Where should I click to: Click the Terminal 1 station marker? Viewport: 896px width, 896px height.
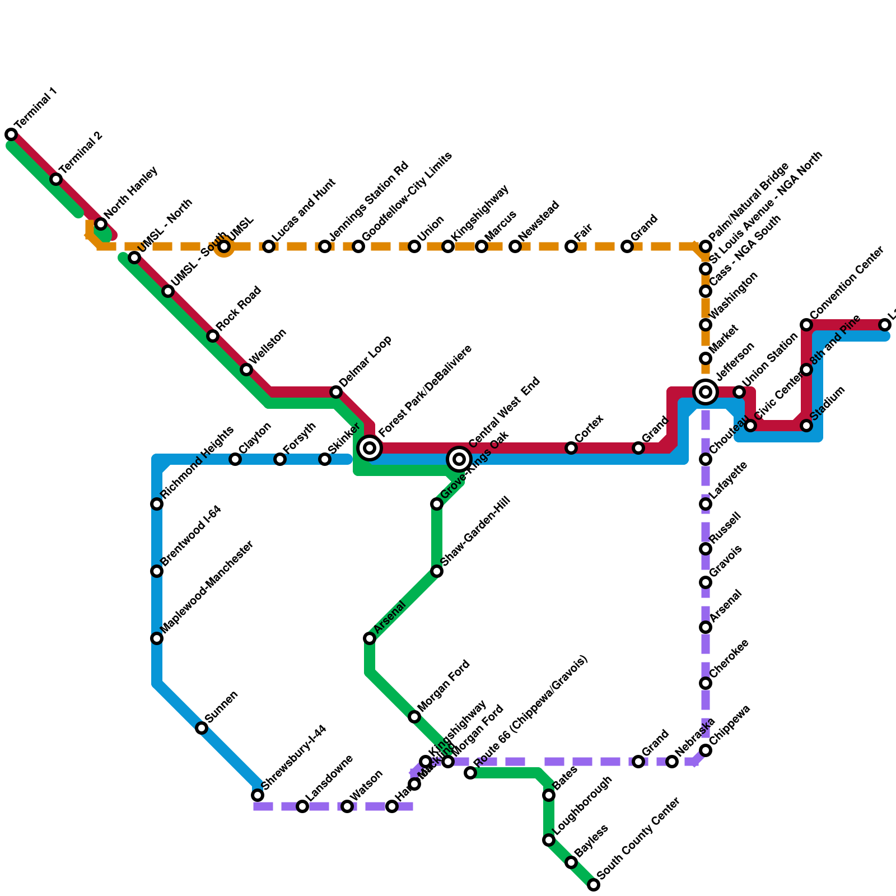click(11, 134)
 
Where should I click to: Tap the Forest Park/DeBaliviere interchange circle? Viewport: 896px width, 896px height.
click(370, 448)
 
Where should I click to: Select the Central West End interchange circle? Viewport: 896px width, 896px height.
click(459, 459)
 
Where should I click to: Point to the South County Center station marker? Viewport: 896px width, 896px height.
click(594, 885)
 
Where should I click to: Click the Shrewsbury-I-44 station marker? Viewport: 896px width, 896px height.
click(258, 795)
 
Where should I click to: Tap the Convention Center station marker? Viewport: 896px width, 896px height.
click(806, 325)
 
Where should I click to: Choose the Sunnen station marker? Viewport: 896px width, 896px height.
click(202, 728)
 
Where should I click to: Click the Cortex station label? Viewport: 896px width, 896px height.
click(589, 428)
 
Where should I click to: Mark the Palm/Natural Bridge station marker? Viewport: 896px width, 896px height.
click(706, 246)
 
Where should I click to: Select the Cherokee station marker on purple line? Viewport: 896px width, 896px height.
click(706, 683)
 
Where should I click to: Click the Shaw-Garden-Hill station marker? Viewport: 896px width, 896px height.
click(437, 571)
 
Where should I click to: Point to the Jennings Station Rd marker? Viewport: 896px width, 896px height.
click(325, 246)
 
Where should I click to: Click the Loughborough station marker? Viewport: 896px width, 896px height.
click(549, 840)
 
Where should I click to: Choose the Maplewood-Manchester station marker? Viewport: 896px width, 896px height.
click(157, 638)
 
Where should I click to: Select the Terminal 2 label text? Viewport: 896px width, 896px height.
click(82, 152)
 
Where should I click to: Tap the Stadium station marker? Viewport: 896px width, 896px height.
click(806, 426)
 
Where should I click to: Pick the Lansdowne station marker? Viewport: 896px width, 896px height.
click(302, 806)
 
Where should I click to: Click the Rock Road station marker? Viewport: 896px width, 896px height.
click(213, 336)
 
